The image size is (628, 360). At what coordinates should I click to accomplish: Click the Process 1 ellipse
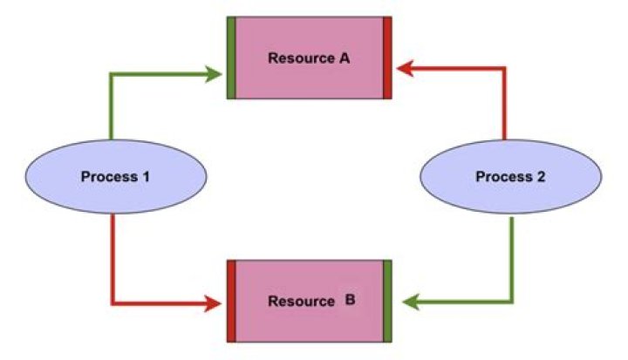(x=116, y=177)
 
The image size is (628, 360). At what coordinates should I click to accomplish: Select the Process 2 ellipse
(x=510, y=177)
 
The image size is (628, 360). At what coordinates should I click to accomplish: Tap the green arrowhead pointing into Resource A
(x=213, y=74)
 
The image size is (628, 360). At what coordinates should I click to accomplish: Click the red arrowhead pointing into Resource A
(x=405, y=69)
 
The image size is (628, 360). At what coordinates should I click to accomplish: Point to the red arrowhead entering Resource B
(x=213, y=303)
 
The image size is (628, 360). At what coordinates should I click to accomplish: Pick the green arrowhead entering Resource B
(x=410, y=302)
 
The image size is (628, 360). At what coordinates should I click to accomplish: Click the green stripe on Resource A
(x=231, y=58)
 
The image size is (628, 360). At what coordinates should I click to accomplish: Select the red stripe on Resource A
(x=387, y=58)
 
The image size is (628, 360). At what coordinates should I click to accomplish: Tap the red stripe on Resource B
(x=231, y=301)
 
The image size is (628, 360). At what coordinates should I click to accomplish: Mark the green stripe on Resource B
(x=387, y=301)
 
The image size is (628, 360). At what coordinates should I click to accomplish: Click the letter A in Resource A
(x=345, y=58)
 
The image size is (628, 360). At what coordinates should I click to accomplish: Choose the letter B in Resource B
(x=350, y=300)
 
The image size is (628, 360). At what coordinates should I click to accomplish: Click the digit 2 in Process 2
(x=541, y=177)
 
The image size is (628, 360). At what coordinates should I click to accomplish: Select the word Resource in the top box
(x=301, y=58)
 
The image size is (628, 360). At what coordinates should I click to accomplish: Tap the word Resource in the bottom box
(x=301, y=301)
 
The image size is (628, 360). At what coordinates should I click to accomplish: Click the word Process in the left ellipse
(x=109, y=177)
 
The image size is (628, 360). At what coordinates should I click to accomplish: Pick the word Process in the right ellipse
(x=504, y=177)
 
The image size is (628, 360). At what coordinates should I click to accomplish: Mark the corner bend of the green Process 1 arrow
(x=112, y=74)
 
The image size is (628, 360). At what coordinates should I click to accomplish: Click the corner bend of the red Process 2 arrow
(x=504, y=69)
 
